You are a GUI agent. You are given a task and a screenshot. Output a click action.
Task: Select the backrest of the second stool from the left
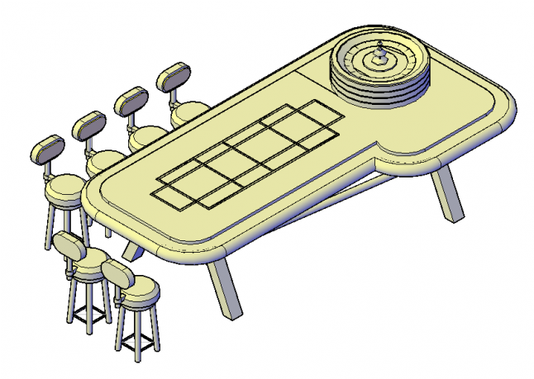pyautogui.click(x=88, y=126)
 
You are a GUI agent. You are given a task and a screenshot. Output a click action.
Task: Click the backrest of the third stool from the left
pyautogui.click(x=130, y=102)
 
